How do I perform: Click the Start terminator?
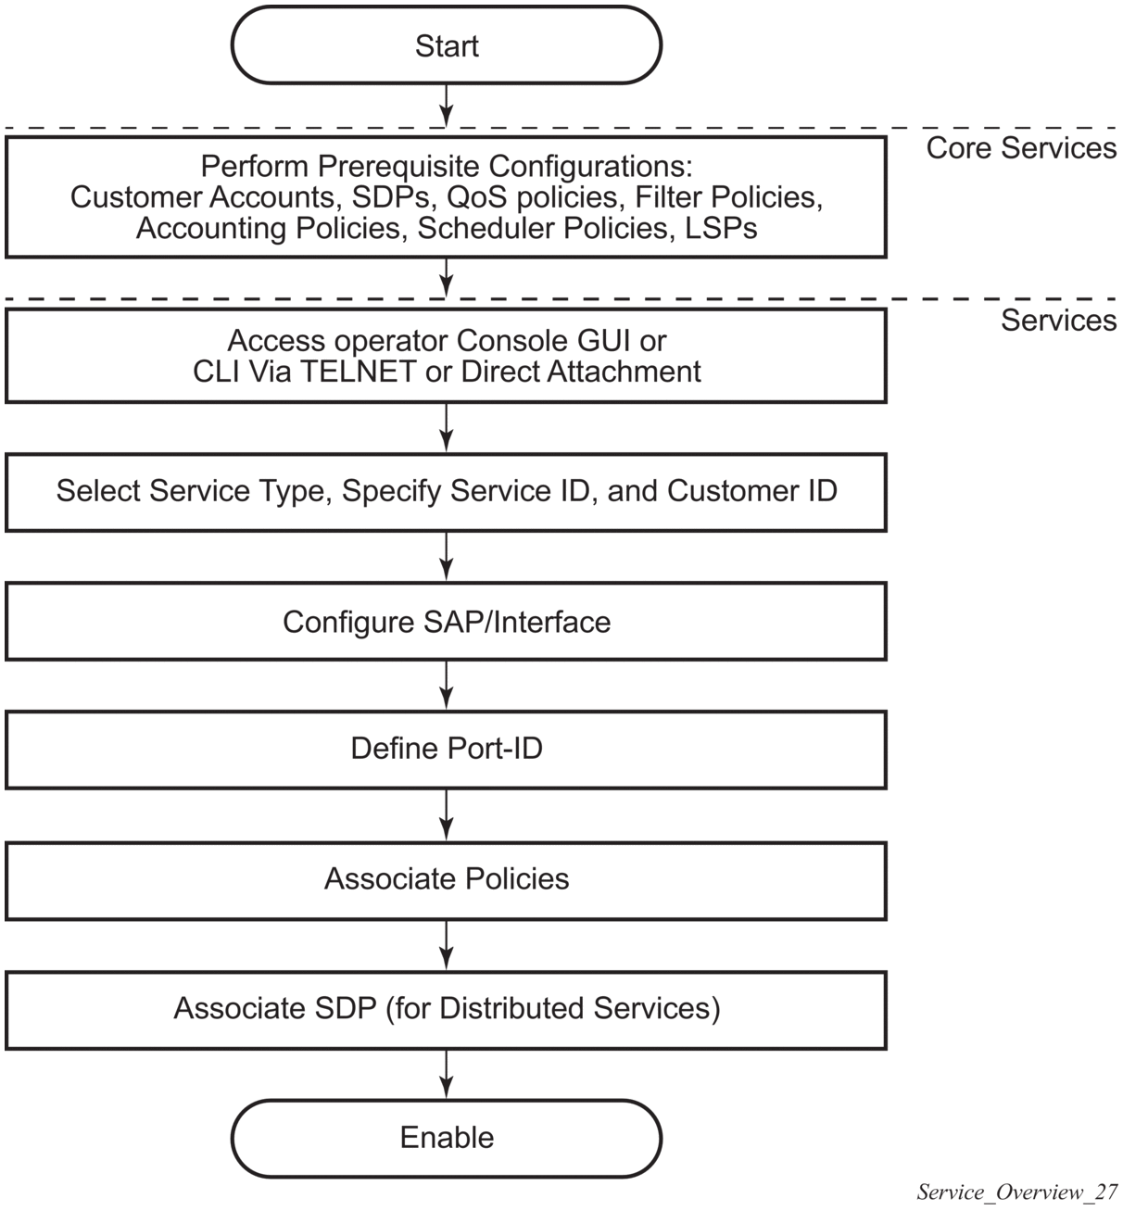(446, 45)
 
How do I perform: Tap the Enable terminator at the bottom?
(446, 1138)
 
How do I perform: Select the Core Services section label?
(1021, 148)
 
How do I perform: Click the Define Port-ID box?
(446, 750)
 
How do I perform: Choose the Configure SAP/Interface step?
(446, 621)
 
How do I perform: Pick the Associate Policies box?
(446, 879)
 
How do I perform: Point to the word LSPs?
(722, 228)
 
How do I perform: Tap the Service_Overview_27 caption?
(1016, 1192)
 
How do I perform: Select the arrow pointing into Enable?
(447, 1075)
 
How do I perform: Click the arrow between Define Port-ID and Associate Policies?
(447, 815)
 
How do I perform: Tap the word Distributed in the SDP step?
(512, 1008)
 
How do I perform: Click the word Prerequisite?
(400, 167)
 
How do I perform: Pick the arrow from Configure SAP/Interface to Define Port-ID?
(447, 686)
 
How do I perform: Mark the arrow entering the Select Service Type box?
(447, 428)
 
